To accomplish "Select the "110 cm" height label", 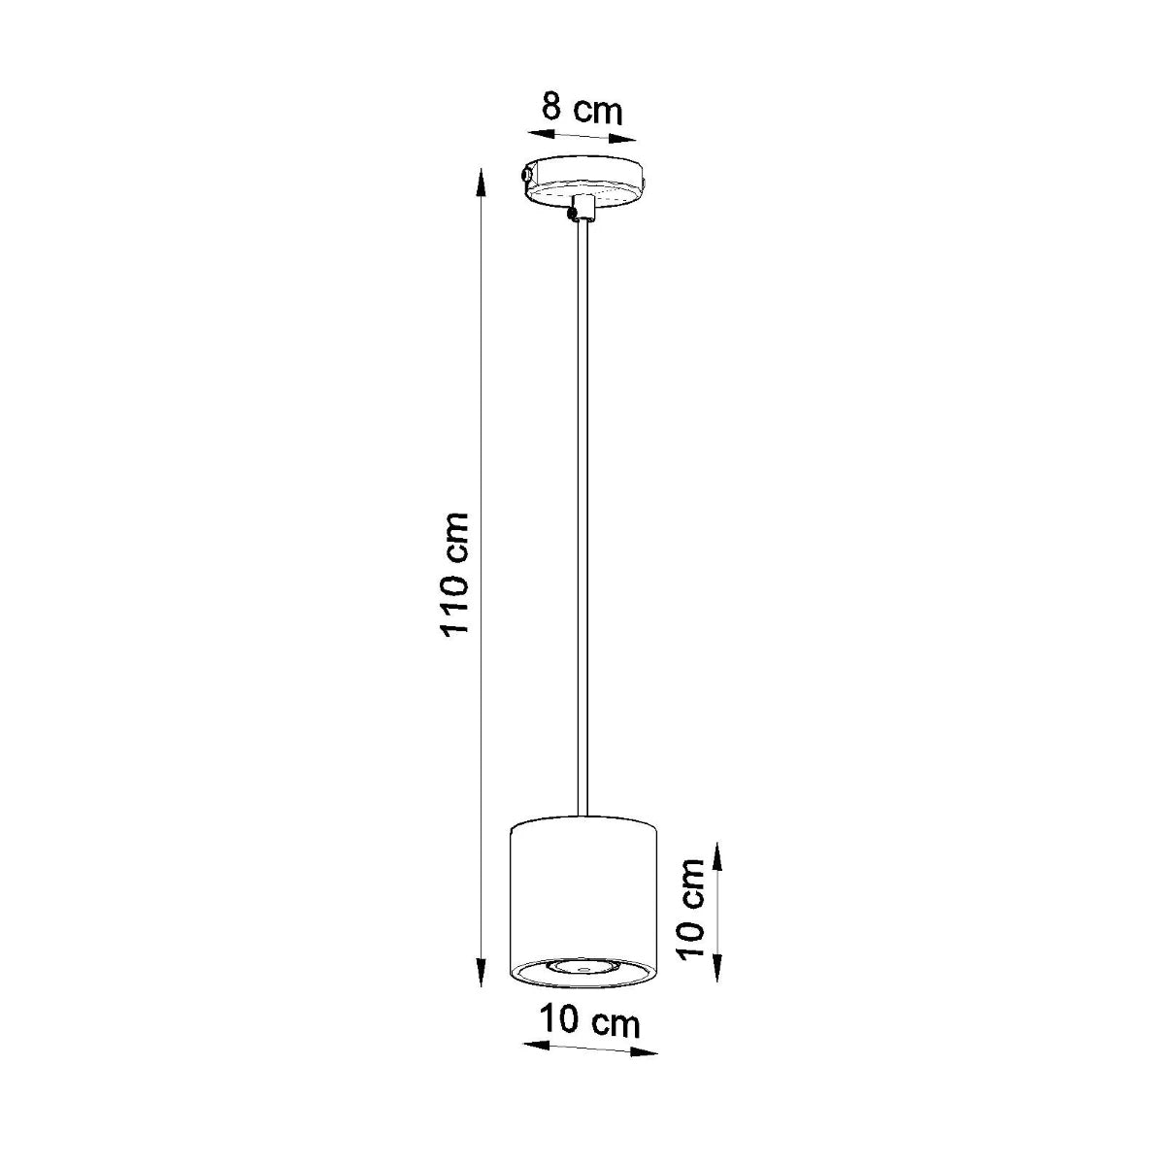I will (x=455, y=573).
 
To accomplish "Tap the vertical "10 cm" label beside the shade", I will (x=690, y=909).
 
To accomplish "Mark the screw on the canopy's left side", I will (x=525, y=176).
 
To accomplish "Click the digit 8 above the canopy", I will (x=552, y=105).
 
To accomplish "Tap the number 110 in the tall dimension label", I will (x=455, y=603).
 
